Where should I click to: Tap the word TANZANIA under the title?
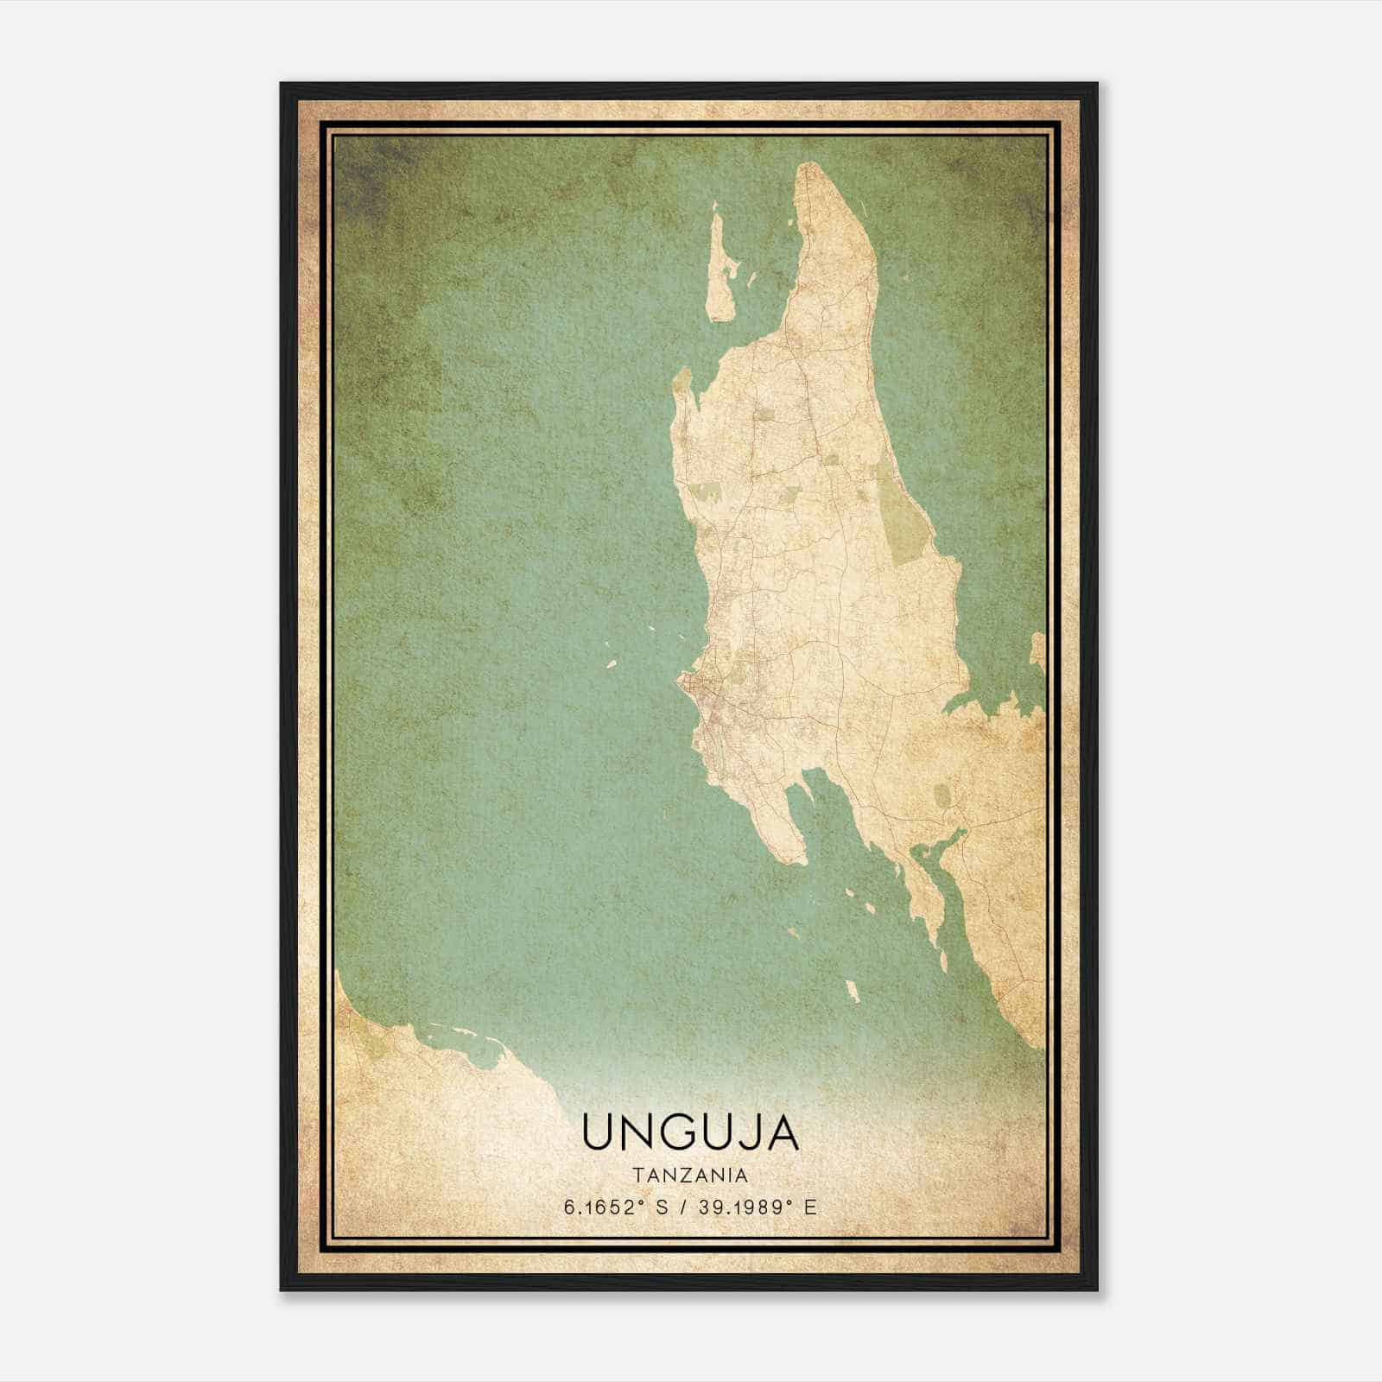pyautogui.click(x=689, y=1176)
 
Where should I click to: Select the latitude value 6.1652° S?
pyautogui.click(x=614, y=1208)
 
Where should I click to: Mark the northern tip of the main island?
pyautogui.click(x=810, y=166)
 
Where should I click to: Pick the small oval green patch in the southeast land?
pyautogui.click(x=943, y=795)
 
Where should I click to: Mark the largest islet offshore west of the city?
pyautogui.click(x=610, y=665)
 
